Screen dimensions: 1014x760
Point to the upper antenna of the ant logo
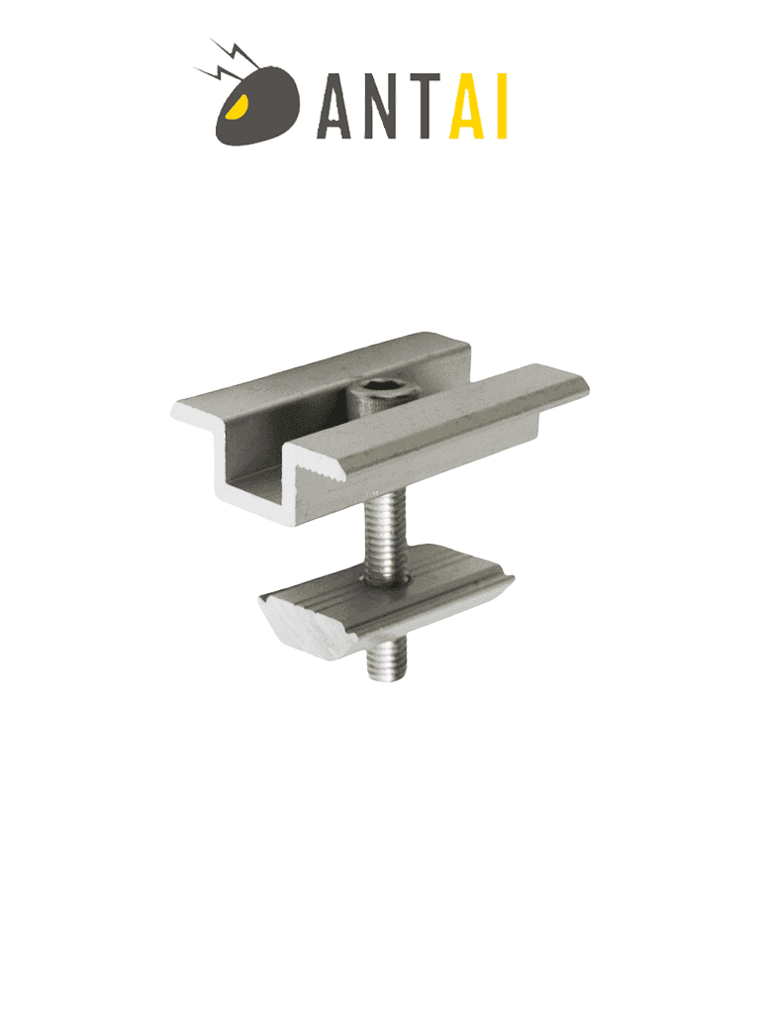pyautogui.click(x=235, y=54)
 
